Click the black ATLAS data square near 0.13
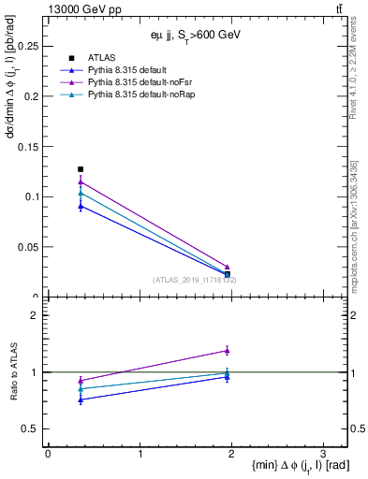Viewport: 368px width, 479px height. tap(81, 169)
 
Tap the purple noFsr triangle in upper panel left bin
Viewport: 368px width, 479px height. tap(81, 182)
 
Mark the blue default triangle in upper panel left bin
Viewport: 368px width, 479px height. tap(81, 206)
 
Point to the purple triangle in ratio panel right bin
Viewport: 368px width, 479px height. tap(228, 351)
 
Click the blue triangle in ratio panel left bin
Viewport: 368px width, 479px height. tap(81, 399)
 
